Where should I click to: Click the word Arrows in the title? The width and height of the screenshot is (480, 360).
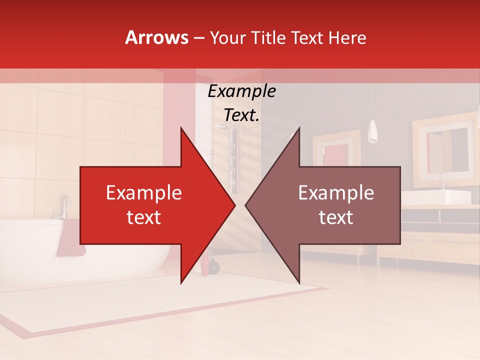157,37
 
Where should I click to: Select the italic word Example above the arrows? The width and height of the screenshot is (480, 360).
241,91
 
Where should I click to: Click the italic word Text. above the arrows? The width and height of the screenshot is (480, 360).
241,115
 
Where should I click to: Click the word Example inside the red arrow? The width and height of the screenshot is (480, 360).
144,193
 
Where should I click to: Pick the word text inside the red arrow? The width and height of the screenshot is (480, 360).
144,217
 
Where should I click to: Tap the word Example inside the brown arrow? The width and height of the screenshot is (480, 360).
336,193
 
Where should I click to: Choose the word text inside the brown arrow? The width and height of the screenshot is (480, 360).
336,217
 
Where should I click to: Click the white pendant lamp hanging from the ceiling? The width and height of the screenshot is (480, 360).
372,132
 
